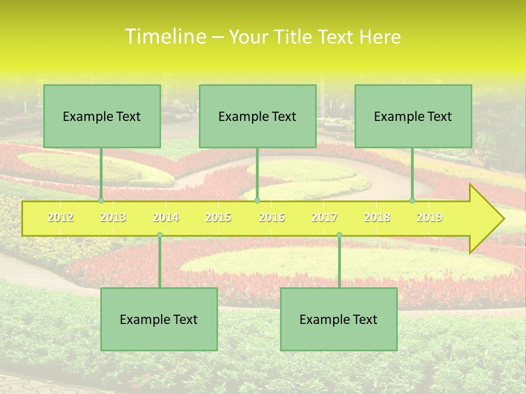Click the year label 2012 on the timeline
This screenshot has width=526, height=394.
pos(60,218)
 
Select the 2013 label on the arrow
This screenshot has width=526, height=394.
pos(113,218)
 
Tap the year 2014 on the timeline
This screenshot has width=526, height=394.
pos(165,218)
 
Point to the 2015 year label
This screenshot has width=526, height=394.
pos(218,218)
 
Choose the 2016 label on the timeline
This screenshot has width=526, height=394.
pos(272,218)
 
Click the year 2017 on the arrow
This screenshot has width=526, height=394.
pos(324,218)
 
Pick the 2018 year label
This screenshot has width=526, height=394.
pos(377,218)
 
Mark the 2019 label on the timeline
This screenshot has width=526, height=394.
pos(430,218)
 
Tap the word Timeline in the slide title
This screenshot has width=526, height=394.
pos(164,37)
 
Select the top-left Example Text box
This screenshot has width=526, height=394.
pos(102,117)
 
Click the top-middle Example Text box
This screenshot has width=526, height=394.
pos(258,117)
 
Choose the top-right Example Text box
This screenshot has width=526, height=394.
pos(413,117)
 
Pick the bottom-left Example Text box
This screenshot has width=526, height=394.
pos(159,320)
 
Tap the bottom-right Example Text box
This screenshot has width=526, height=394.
pos(339,320)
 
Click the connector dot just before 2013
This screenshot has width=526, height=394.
pos(101,201)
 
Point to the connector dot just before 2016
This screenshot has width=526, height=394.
pos(258,201)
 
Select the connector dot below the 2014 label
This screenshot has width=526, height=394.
pos(159,235)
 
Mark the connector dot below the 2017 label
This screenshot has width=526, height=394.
pos(339,235)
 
